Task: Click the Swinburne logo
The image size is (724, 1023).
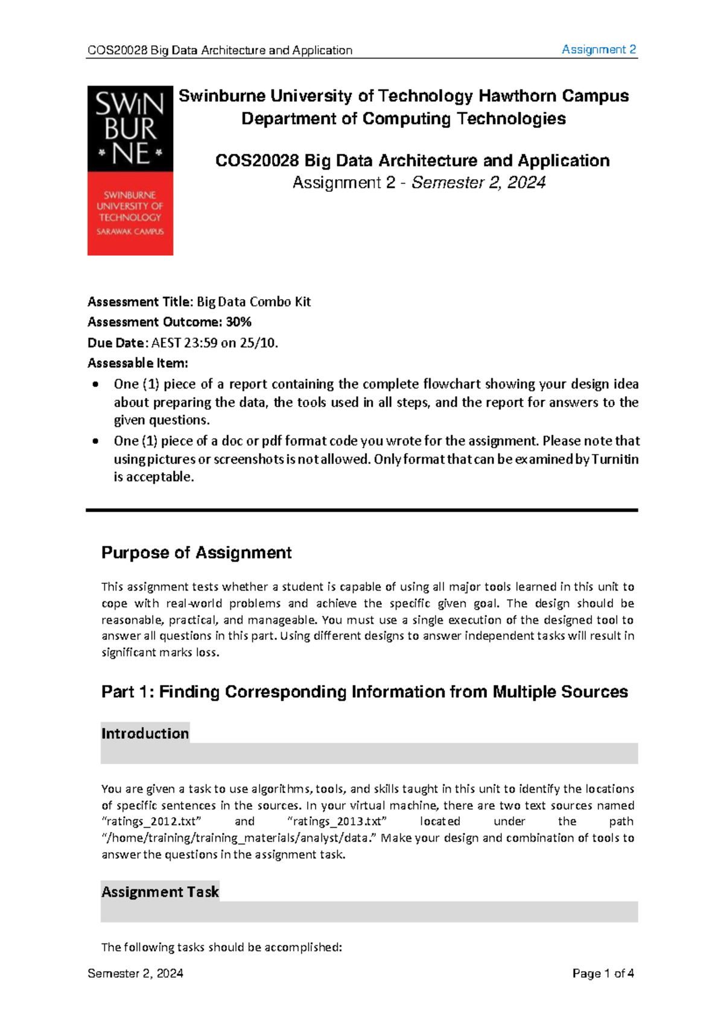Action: (x=130, y=171)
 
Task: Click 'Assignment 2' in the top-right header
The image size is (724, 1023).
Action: (x=599, y=49)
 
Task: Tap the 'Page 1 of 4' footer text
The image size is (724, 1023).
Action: (x=603, y=973)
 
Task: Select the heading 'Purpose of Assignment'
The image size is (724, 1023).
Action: (x=196, y=553)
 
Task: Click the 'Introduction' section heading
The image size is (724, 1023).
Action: (x=145, y=733)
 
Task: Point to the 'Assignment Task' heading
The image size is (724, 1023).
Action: (x=160, y=892)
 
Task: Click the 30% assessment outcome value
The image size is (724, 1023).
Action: (x=238, y=322)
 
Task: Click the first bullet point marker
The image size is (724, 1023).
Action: (x=95, y=384)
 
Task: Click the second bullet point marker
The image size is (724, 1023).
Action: (x=95, y=441)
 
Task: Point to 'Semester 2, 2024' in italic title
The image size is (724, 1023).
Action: (x=478, y=183)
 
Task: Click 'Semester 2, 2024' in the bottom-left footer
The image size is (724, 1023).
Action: (x=135, y=973)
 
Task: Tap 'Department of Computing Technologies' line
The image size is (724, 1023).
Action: (x=403, y=119)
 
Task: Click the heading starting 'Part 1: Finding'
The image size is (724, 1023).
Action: (x=364, y=692)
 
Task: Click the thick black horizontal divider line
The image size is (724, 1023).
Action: (x=362, y=510)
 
